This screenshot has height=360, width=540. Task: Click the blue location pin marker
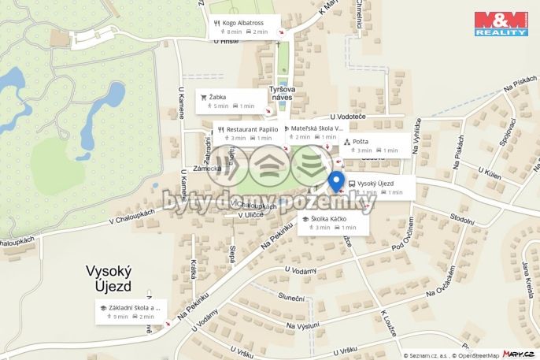[336, 180]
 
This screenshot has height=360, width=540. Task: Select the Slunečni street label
[290, 297]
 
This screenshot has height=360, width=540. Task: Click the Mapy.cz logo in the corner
[521, 354]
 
